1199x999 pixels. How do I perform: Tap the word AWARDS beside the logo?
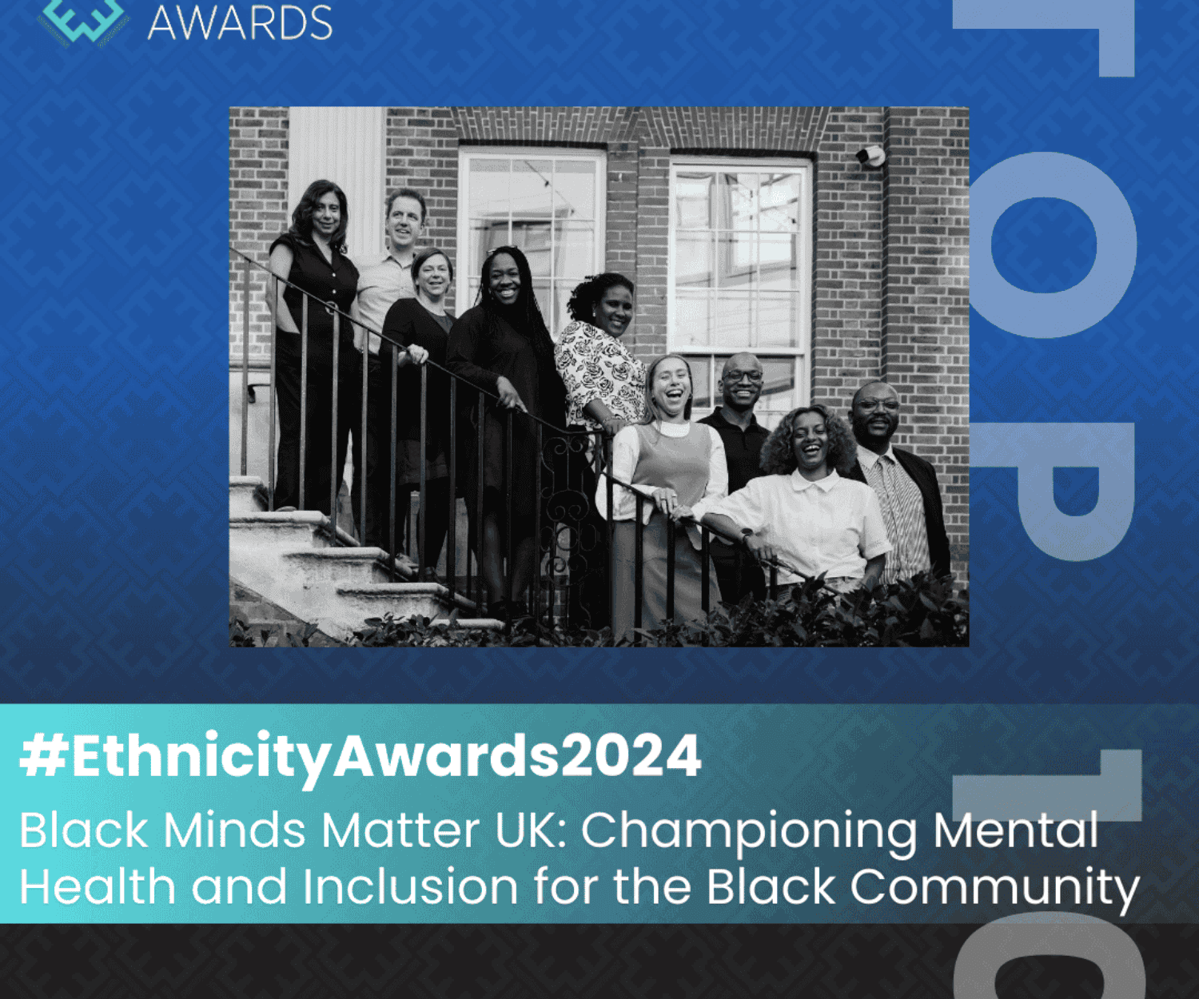(x=240, y=22)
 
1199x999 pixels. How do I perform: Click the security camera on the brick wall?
(x=871, y=156)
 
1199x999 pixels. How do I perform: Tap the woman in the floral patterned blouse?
(x=599, y=352)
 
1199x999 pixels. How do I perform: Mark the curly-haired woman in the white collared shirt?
(x=807, y=496)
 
